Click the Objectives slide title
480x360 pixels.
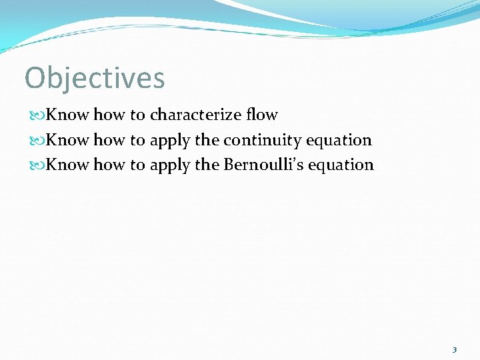(95, 78)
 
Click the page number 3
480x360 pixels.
(454, 350)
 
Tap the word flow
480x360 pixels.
(261, 115)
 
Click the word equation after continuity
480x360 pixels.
(339, 141)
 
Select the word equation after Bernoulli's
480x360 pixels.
(341, 165)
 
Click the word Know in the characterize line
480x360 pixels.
(67, 115)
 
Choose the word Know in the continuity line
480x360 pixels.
(67, 140)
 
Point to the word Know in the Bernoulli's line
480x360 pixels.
(67, 165)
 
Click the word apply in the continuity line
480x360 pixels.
(170, 141)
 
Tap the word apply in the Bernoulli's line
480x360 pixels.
(170, 165)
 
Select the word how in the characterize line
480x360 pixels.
(109, 115)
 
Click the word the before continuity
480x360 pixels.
(207, 140)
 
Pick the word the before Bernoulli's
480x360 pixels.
(207, 165)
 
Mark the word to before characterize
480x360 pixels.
(137, 115)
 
